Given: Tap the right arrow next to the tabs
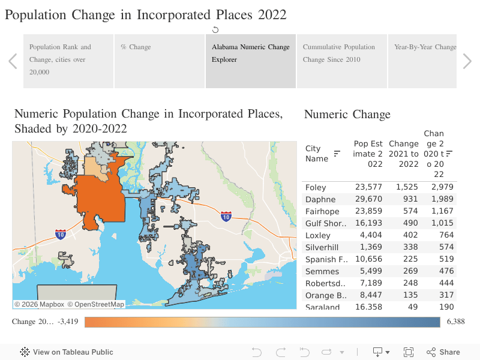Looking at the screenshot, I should click(467, 61).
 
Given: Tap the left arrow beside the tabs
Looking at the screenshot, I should click(13, 61).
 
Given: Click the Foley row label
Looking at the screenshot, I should click(316, 187).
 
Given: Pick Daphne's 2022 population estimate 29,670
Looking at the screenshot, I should click(368, 199).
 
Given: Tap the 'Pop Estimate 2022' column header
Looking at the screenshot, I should click(368, 154).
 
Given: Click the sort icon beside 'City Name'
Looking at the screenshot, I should click(337, 154).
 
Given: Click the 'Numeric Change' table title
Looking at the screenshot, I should click(347, 115).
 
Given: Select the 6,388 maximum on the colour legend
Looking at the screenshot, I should click(456, 322).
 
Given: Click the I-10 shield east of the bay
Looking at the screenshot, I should click(226, 216).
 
